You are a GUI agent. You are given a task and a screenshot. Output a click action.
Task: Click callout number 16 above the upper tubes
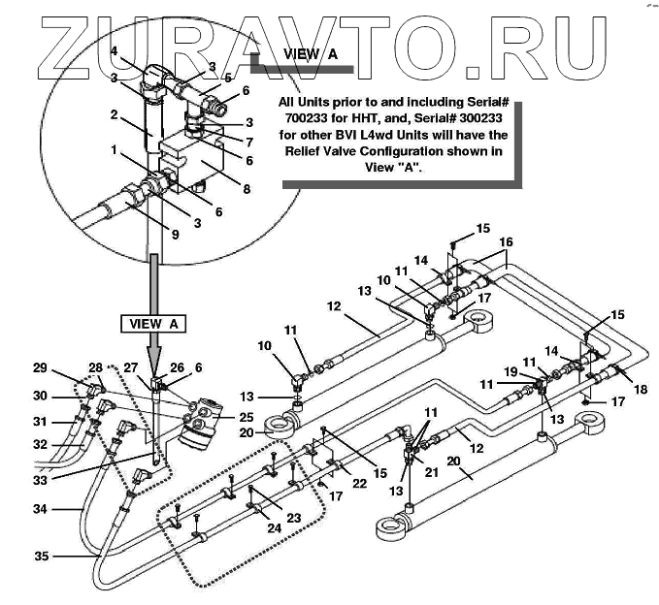[506, 241]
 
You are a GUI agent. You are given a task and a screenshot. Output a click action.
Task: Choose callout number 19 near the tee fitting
[510, 371]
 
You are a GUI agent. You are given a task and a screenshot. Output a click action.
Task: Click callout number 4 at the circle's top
[114, 50]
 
